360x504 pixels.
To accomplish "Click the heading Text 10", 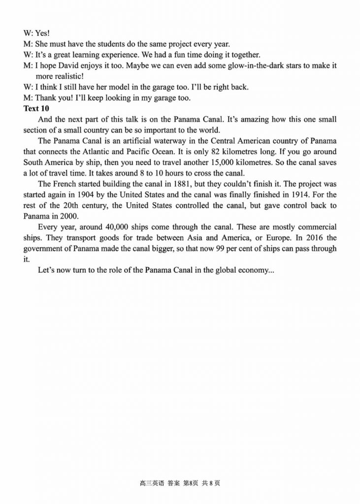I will click(37, 108).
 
